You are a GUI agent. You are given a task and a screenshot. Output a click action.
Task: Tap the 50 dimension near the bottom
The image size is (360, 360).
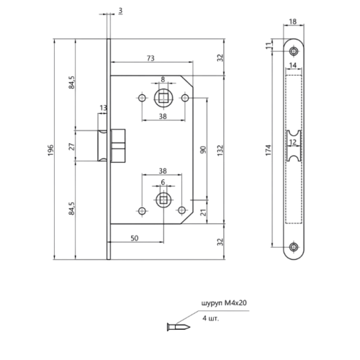(x=135, y=236)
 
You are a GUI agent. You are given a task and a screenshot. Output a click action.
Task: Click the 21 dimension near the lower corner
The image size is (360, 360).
(x=203, y=212)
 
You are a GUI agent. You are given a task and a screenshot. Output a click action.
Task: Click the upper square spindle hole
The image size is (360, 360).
(x=163, y=96)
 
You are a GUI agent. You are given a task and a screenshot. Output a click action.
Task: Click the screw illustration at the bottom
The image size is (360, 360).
(x=173, y=323)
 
